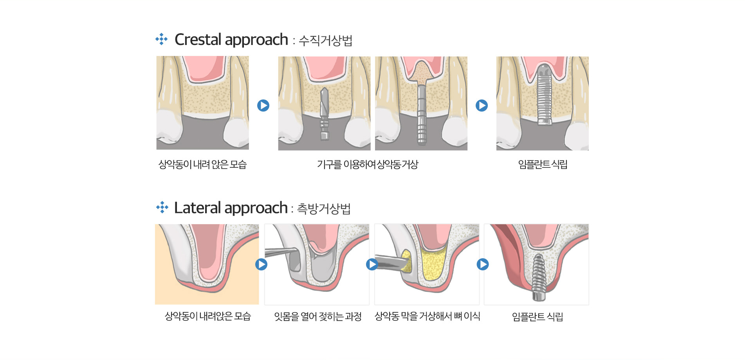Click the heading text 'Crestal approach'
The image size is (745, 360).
coord(231,40)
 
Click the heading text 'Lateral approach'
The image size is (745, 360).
coord(231,208)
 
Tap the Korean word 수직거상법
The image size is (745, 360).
coord(325,40)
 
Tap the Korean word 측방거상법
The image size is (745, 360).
coord(324,209)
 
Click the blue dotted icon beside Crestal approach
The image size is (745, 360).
coord(161,39)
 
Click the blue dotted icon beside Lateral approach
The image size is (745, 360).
coord(162,207)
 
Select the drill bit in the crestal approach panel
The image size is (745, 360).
coord(324,113)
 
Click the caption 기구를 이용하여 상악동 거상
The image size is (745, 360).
coord(368,164)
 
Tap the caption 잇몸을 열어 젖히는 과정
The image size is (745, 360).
coord(317,316)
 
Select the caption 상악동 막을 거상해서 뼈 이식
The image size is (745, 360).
coord(427,316)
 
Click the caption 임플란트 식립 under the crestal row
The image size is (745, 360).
coord(543,164)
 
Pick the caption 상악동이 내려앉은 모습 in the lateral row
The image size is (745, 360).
coord(207,316)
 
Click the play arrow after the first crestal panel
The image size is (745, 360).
coord(263,106)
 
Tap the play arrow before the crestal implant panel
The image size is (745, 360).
coord(482,106)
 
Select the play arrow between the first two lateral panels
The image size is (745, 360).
coord(261,265)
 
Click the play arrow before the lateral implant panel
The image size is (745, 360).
coord(483,265)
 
